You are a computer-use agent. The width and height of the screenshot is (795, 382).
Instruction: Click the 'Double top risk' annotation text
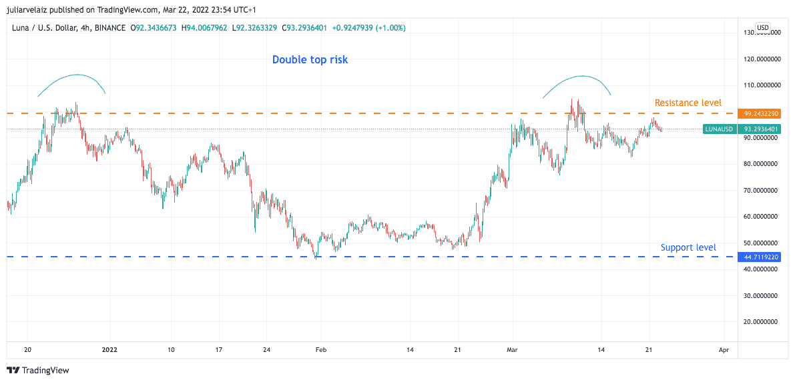coord(310,60)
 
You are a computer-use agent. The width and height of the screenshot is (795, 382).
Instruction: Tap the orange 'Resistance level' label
coord(688,103)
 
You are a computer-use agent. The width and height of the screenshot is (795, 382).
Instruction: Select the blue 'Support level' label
coord(688,247)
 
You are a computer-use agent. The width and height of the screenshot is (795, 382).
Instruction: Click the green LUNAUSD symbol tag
coord(719,129)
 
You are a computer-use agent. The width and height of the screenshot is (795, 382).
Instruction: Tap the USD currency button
coord(763,27)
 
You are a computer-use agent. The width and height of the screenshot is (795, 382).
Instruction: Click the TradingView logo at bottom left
coord(38,370)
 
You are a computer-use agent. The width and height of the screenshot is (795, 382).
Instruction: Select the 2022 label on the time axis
coord(109,349)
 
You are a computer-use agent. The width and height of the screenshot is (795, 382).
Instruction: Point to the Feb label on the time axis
coord(321,349)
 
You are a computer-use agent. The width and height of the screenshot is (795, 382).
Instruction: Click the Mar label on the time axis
coord(512,349)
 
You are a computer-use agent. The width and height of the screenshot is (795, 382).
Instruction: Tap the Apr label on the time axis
coord(724,349)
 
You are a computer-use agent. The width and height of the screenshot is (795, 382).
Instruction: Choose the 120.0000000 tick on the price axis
coord(762,59)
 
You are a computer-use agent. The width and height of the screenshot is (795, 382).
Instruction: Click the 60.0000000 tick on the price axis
coord(762,217)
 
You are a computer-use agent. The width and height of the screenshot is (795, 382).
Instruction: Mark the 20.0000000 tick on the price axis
coord(762,321)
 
